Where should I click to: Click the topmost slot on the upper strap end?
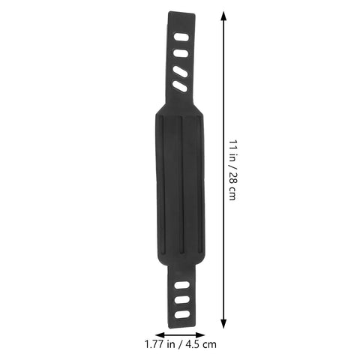(x=181, y=37)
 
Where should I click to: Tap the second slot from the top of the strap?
(x=181, y=53)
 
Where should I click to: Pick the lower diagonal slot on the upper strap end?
(x=180, y=86)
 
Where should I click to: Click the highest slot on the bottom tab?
(x=182, y=285)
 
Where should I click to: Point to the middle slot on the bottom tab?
(x=182, y=300)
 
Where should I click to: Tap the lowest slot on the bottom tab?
(x=182, y=314)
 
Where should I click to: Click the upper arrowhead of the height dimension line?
(x=223, y=16)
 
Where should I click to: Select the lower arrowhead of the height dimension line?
(x=224, y=323)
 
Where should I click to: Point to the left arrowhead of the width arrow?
(x=160, y=335)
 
